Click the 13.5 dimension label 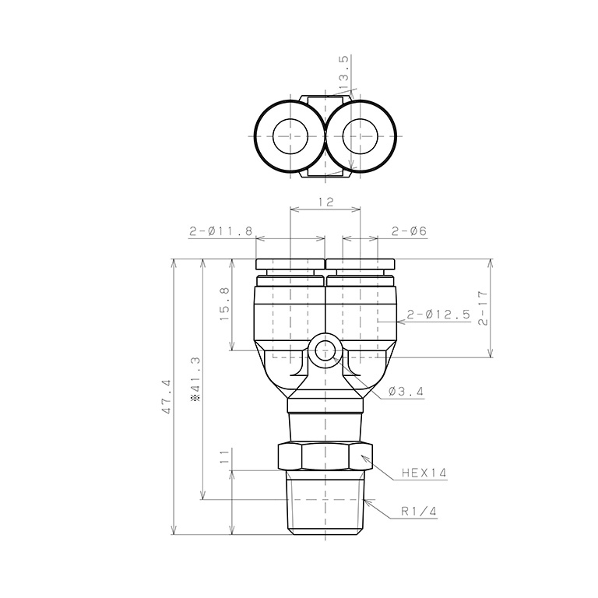coord(343,69)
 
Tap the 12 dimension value coord(325,202)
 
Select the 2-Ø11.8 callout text coord(221,231)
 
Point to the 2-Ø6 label coord(409,231)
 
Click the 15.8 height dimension coord(224,304)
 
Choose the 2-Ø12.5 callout coord(438,315)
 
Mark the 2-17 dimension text coord(484,308)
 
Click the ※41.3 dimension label coord(197,379)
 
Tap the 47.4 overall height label coord(167,397)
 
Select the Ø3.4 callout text coord(406,392)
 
